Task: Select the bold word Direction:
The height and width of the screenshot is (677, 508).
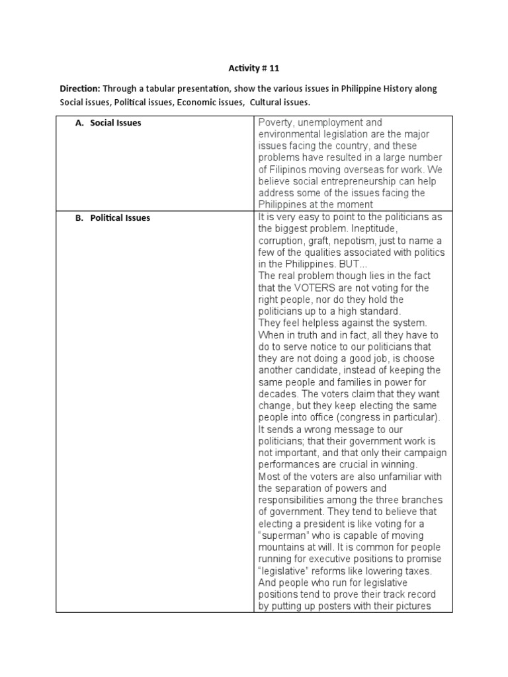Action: [x=81, y=89]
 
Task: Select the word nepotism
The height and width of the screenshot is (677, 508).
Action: [x=358, y=241]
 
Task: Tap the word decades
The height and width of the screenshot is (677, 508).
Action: [x=278, y=394]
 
